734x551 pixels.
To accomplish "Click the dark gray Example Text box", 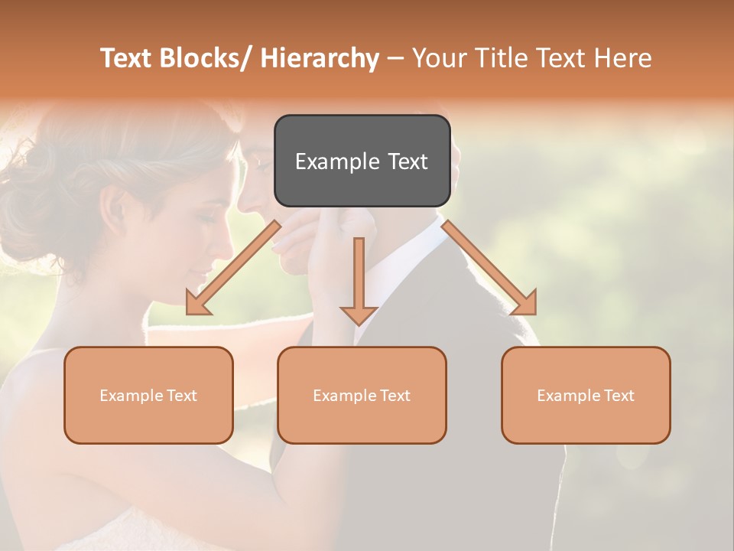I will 362,161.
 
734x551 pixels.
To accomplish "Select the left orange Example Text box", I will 148,395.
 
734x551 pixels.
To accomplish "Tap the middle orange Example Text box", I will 362,395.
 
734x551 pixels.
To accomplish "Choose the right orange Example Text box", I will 586,395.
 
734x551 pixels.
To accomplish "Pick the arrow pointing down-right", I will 489,268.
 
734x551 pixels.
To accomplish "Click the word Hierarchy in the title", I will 320,58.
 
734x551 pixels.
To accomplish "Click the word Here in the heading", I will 622,58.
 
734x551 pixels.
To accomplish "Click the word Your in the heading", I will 437,58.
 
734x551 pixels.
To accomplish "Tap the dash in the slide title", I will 395,58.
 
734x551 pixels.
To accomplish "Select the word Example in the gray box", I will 337,161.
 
